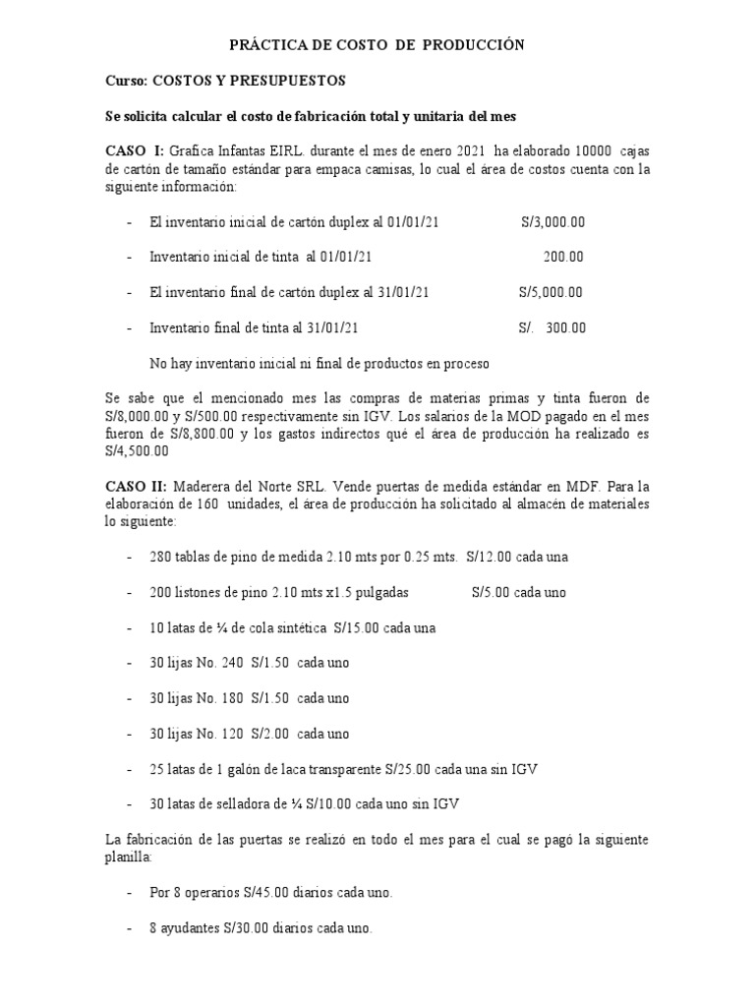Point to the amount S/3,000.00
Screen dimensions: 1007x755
(x=552, y=222)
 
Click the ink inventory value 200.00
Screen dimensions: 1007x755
(x=563, y=257)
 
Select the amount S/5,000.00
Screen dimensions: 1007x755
(x=551, y=292)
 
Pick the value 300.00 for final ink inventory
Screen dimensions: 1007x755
(x=564, y=327)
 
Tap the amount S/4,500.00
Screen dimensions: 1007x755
(x=138, y=450)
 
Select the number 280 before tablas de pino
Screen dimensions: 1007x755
(x=160, y=558)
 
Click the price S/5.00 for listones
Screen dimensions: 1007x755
(x=492, y=593)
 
